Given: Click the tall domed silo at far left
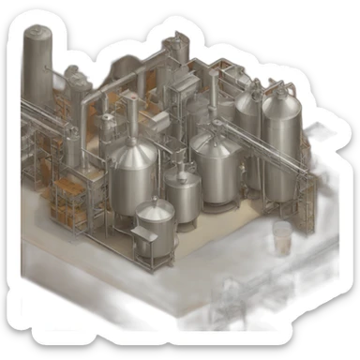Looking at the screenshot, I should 38,66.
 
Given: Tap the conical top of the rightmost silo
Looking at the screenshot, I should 279,102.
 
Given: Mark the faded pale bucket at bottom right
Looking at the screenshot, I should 282,238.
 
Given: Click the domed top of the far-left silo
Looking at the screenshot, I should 38,35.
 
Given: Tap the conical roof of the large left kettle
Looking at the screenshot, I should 133,147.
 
